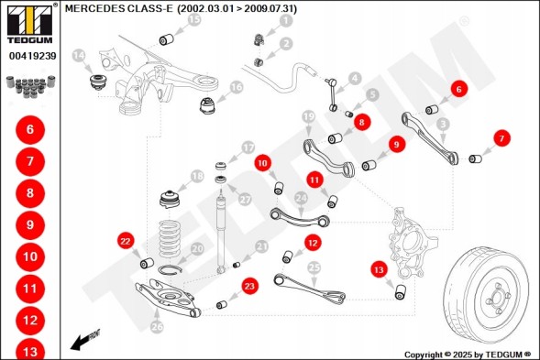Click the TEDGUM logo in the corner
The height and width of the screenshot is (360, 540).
[30, 24]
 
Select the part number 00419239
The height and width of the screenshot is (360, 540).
[33, 56]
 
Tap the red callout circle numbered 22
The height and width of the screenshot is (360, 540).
[126, 241]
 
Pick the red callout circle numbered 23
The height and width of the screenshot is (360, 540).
[249, 287]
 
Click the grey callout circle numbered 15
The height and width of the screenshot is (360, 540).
[194, 19]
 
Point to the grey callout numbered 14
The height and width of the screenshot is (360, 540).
[79, 55]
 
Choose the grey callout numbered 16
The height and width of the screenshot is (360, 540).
[237, 87]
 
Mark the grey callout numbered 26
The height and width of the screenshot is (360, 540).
[157, 327]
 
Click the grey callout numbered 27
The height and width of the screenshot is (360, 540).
[245, 200]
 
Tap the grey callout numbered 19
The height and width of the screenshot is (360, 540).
[308, 117]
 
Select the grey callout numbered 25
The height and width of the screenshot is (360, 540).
[314, 267]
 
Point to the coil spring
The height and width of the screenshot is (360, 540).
[170, 238]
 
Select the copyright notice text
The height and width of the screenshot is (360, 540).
[468, 355]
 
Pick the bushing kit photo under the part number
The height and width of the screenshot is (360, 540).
[31, 86]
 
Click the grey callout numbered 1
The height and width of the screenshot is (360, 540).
[285, 21]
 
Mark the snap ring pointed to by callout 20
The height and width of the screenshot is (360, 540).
[169, 269]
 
